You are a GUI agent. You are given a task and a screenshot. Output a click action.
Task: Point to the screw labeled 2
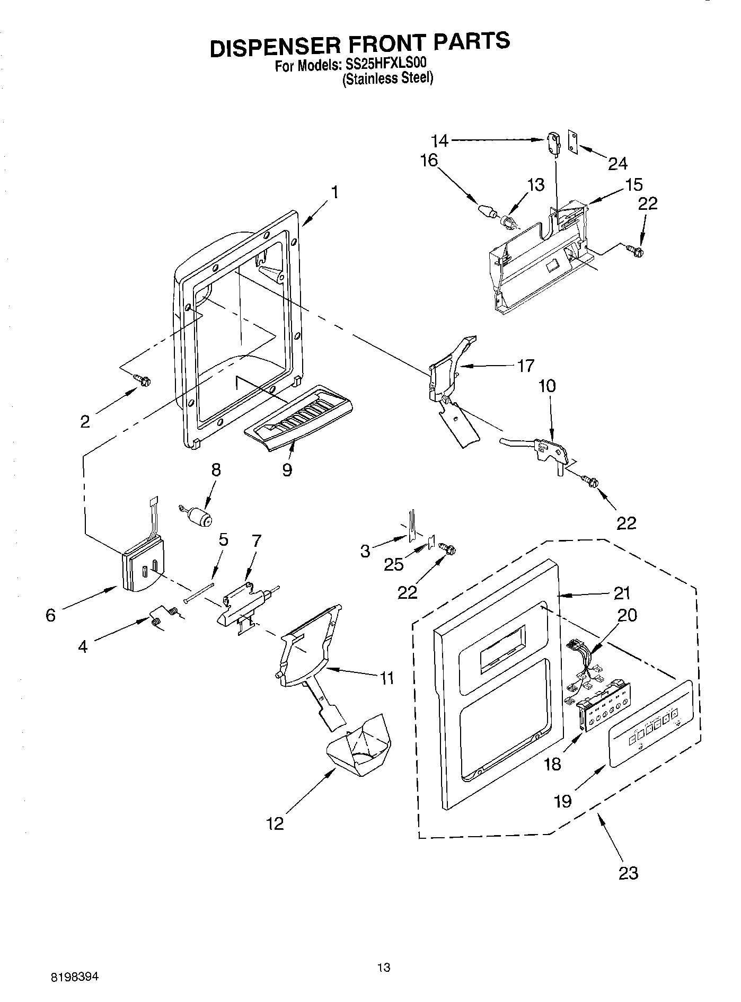143,379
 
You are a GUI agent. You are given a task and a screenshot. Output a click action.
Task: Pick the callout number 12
276,823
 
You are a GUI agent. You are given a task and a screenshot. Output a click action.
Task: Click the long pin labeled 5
199,592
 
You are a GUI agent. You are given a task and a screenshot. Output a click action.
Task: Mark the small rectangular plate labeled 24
572,141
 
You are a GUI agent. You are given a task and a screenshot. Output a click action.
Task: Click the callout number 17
525,366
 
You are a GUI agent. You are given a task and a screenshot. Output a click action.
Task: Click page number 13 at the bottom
384,967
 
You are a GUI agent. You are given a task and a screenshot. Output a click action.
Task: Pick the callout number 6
50,615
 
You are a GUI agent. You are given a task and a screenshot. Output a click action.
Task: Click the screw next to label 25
447,550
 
